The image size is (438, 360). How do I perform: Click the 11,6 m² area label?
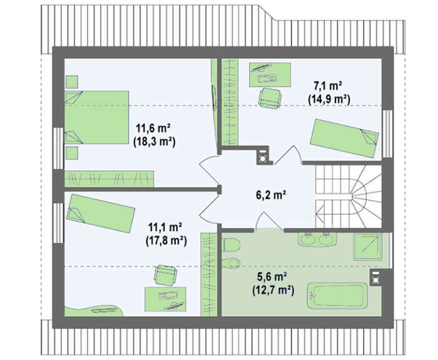tap(153, 128)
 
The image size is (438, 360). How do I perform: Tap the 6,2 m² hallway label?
tap(271, 195)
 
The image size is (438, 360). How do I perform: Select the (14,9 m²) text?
tap(329, 100)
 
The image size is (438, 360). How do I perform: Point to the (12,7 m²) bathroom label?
tap(273, 291)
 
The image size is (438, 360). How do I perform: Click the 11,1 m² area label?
tap(165, 227)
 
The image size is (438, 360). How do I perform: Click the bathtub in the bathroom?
tap(337, 296)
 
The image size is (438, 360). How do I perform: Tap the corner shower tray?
tap(368, 247)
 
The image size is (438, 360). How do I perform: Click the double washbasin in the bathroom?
tap(317, 239)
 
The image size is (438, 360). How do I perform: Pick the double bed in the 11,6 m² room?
tap(96, 117)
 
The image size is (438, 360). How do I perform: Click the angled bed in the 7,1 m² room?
tap(344, 138)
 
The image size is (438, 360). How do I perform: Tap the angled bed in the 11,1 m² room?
tap(101, 213)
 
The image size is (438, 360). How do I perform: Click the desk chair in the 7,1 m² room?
tap(270, 98)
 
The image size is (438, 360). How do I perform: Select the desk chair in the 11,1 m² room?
tap(166, 275)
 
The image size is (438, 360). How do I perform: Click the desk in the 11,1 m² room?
tap(165, 299)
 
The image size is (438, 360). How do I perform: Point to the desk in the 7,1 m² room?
tap(270, 75)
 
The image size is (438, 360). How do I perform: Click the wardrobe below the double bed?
tap(109, 178)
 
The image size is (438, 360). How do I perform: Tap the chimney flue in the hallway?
tap(263, 157)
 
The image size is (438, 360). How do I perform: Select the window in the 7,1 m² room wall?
tap(387, 134)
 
